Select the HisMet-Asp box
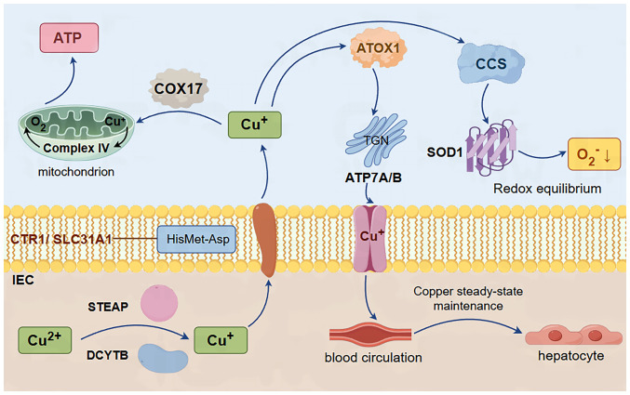point(195,239)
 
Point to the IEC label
point(25,278)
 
